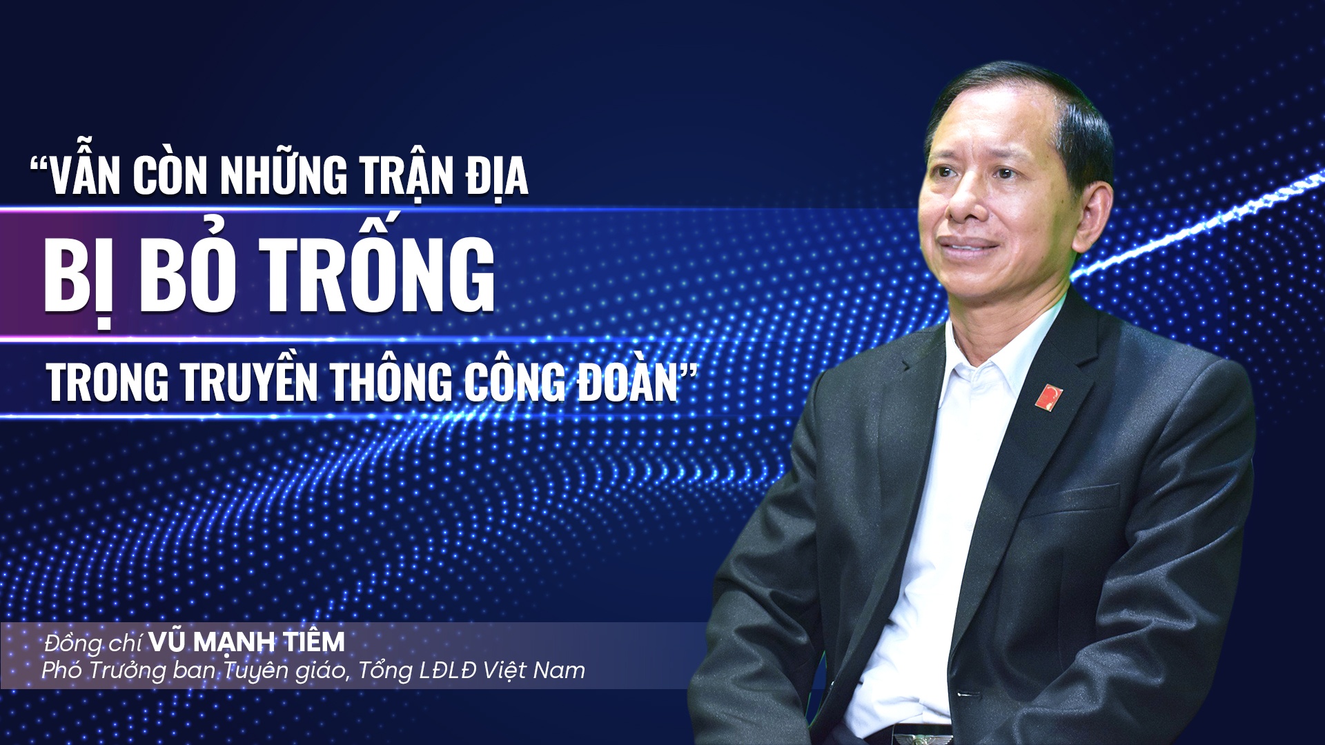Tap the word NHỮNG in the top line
pyautogui.click(x=284, y=177)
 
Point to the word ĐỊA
pyautogui.click(x=497, y=177)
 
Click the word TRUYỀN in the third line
pyautogui.click(x=249, y=382)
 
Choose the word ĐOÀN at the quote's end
pyautogui.click(x=628, y=382)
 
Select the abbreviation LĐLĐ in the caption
pyautogui.click(x=448, y=670)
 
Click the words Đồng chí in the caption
pyautogui.click(x=92, y=644)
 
